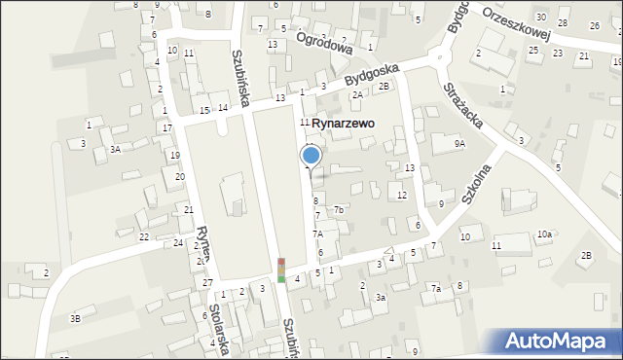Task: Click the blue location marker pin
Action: [311, 156]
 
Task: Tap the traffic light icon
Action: [281, 270]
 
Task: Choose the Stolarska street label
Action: [218, 332]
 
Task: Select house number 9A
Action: [460, 143]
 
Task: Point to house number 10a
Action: [544, 234]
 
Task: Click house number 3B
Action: [75, 318]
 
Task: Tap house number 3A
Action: [115, 149]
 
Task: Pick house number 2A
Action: [358, 94]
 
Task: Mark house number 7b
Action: [339, 210]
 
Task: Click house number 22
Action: [144, 237]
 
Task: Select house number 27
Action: [208, 282]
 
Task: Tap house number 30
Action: [540, 18]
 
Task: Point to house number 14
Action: [223, 107]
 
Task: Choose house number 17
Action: [167, 127]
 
